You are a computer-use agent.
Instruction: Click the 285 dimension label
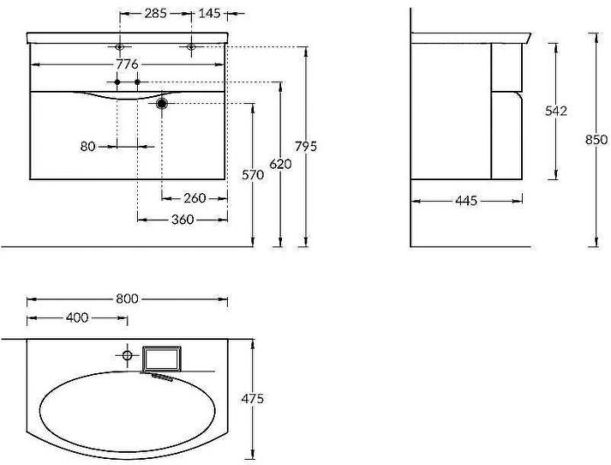click(x=155, y=13)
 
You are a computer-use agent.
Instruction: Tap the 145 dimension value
click(x=209, y=13)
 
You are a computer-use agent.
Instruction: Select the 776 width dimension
click(x=127, y=64)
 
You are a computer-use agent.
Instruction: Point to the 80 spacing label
click(x=87, y=146)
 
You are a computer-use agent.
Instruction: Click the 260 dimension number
click(x=195, y=198)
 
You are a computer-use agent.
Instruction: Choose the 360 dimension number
click(x=182, y=219)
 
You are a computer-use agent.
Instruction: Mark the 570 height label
click(x=253, y=175)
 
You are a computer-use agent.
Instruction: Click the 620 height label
click(x=280, y=164)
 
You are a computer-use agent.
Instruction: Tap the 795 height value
click(x=305, y=146)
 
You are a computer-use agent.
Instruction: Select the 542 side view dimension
click(x=556, y=111)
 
